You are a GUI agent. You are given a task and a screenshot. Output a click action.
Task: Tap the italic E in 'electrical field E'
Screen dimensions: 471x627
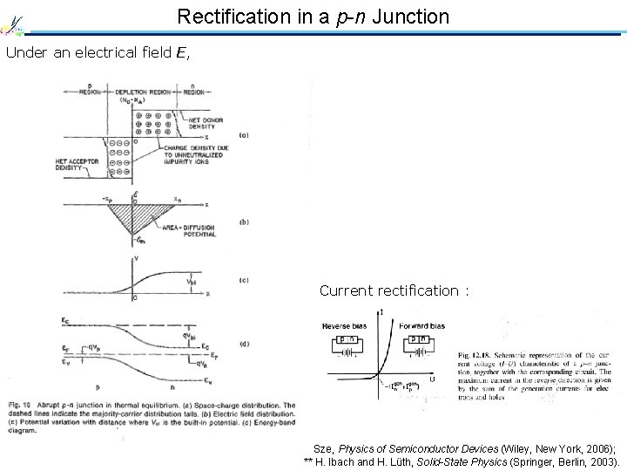179,52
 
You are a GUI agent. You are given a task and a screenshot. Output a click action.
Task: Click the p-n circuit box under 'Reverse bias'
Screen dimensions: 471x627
347,339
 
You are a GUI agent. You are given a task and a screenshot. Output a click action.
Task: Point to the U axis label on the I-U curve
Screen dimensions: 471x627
433,379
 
